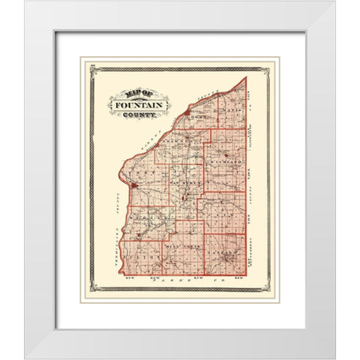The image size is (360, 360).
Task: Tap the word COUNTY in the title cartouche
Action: click(x=138, y=117)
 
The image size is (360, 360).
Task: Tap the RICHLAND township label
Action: click(x=231, y=161)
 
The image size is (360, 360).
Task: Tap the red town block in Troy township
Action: click(x=133, y=186)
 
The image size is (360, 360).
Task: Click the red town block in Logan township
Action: click(x=186, y=115)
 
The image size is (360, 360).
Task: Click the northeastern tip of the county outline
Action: click(x=247, y=77)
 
